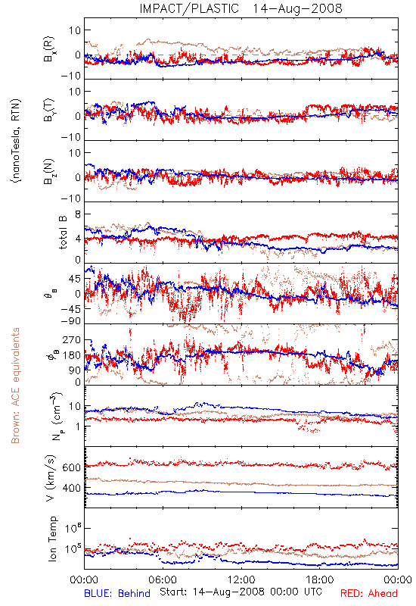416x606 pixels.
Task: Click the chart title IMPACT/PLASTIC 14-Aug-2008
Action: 241,8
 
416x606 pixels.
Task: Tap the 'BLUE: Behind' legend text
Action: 117,593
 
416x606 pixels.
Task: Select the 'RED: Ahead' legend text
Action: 368,593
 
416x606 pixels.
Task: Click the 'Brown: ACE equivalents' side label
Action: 15,386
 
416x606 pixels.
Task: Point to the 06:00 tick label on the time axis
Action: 163,579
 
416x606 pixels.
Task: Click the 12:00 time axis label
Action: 241,579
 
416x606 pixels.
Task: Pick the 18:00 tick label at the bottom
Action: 320,579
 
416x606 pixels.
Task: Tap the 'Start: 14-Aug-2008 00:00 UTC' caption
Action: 241,592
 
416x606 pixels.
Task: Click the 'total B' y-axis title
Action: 63,233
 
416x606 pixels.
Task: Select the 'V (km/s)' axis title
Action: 51,478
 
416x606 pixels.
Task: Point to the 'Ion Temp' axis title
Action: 52,539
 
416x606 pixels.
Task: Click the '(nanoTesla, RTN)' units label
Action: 16,141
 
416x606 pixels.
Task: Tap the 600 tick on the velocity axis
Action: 72,467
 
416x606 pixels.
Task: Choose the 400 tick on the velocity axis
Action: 72,488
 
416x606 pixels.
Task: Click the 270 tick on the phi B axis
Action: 72,339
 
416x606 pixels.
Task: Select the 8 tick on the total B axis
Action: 78,214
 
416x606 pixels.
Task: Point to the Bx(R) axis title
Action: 48,49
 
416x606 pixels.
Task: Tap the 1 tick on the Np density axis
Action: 79,426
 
